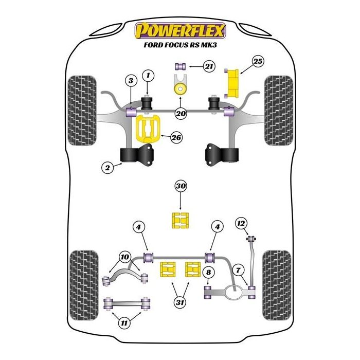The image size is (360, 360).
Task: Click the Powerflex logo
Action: pos(180,31)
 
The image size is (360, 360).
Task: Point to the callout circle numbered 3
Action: pos(131,81)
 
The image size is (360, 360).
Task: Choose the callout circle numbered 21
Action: pos(208,67)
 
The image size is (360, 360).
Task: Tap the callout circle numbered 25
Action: pos(258,62)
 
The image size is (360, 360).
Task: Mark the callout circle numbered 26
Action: pos(176,138)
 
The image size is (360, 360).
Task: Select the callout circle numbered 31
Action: pos(180,302)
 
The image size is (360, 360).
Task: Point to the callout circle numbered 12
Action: pos(241,223)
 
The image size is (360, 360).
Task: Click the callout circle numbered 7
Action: pos(238,270)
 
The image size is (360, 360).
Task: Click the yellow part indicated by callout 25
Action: pos(235,82)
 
